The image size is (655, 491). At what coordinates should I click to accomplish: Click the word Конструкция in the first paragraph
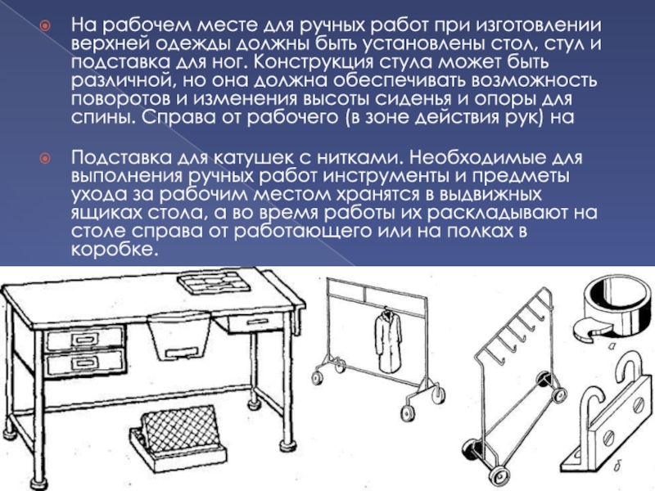point(314,62)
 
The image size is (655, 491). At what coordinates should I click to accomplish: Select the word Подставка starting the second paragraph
point(121,158)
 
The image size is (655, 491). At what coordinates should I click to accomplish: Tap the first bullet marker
point(44,26)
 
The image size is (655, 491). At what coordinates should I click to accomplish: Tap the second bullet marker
point(44,158)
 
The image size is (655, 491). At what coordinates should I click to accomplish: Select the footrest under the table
point(178,437)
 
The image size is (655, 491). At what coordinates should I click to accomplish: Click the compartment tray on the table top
point(214,281)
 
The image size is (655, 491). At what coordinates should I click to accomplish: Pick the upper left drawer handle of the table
point(85,339)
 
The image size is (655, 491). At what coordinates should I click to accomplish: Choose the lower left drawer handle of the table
point(85,363)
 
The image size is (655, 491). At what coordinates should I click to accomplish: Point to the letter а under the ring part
point(612,345)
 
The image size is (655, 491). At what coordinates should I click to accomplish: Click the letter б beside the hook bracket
point(617,466)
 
